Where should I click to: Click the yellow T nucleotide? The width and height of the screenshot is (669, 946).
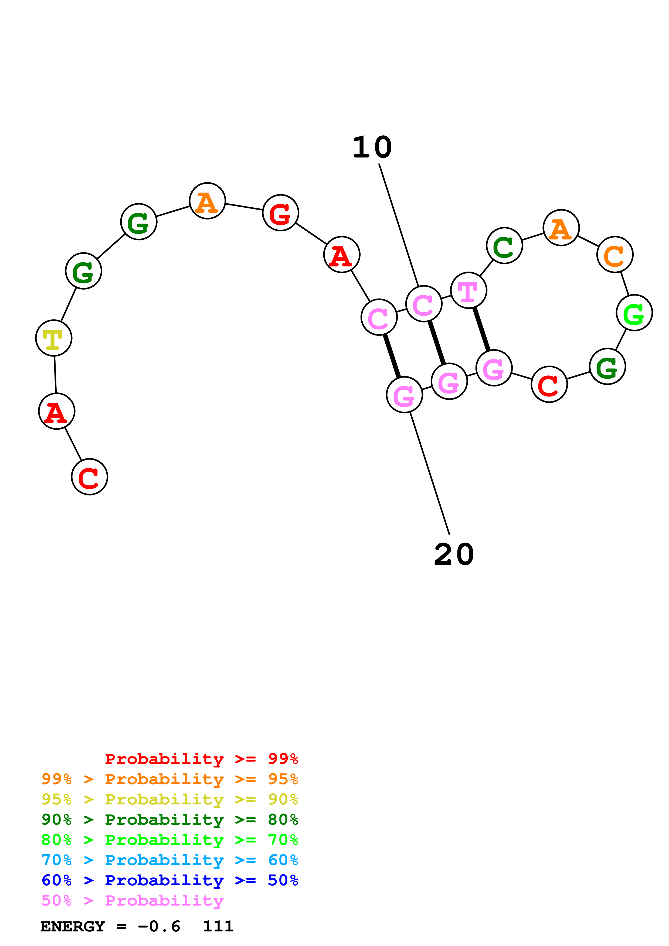coord(54,338)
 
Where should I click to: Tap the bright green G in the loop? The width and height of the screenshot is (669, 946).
coord(634,313)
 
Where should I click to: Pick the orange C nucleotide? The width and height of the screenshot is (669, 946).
coord(614,255)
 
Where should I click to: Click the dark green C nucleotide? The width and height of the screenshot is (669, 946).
coord(504,246)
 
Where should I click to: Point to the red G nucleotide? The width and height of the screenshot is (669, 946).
coord(280,213)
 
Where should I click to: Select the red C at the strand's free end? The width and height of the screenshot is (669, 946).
coord(89,477)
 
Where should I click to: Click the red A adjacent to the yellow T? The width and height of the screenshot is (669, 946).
coord(56,411)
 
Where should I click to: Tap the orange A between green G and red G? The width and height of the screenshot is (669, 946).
coord(207,201)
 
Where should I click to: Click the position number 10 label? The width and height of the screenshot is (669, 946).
coord(372,148)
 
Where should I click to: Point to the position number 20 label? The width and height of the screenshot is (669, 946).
coord(454,555)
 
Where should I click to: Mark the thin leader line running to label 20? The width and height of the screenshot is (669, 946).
coord(430,474)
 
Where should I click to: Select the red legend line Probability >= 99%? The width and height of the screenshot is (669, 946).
coord(201,759)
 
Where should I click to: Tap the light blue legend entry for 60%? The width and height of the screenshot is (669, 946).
coord(169,860)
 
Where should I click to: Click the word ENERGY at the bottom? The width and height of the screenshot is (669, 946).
coord(73,927)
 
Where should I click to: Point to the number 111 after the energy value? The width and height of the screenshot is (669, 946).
coord(218,926)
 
